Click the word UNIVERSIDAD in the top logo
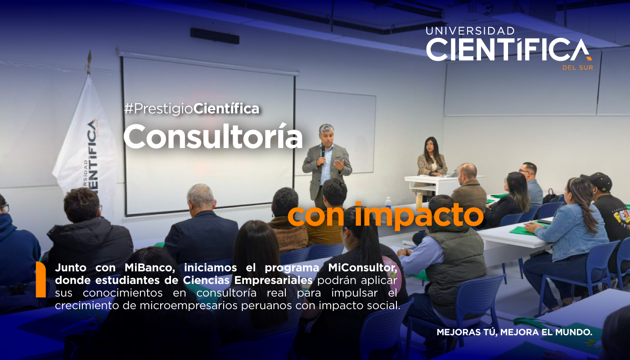click(x=470, y=31)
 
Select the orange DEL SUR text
click(x=577, y=67)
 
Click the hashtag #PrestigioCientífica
click(x=192, y=108)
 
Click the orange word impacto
click(x=418, y=215)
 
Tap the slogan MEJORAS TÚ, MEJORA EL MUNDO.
click(x=514, y=333)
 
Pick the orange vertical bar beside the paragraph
click(x=40, y=279)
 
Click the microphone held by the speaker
click(x=322, y=151)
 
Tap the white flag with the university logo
click(x=88, y=144)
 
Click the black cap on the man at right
click(x=598, y=181)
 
